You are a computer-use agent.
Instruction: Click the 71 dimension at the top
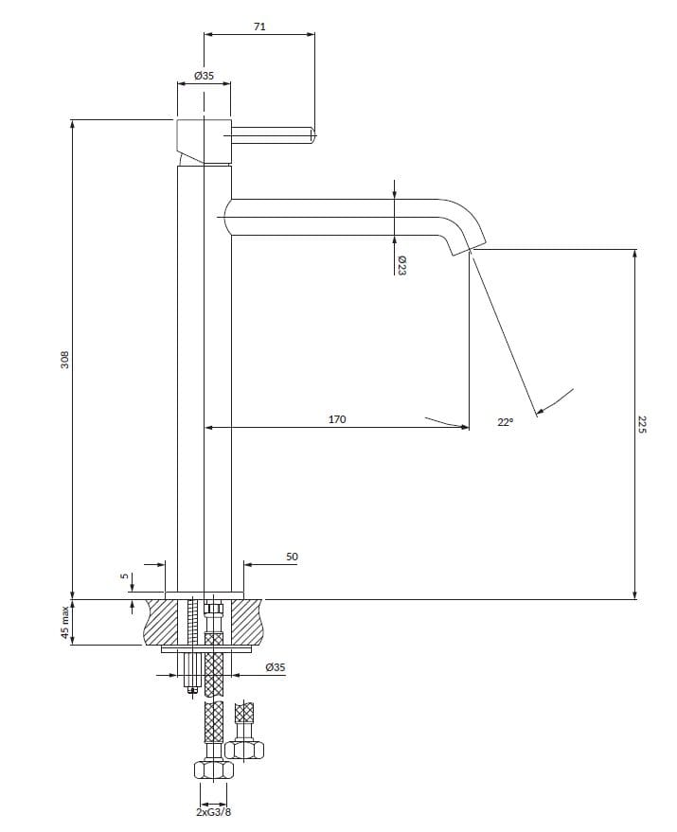(x=259, y=27)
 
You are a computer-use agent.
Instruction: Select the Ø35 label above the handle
(x=203, y=74)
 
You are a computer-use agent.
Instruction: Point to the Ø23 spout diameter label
(x=401, y=265)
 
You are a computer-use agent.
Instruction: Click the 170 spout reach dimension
(x=337, y=418)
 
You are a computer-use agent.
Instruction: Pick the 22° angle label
(x=505, y=423)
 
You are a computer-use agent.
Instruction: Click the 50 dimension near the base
(x=292, y=558)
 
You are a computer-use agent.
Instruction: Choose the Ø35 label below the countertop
(x=276, y=667)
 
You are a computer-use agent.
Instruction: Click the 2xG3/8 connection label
(x=212, y=811)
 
